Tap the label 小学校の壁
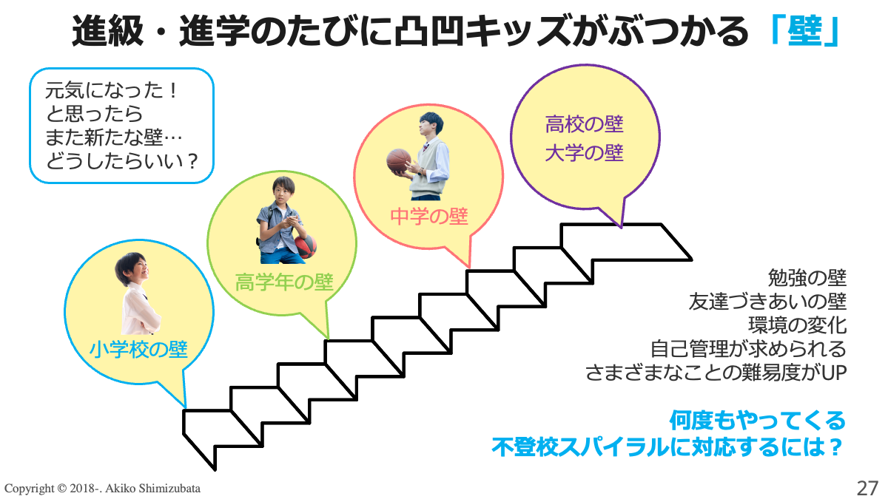pyautogui.click(x=139, y=348)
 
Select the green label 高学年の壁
pyautogui.click(x=284, y=282)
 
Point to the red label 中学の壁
pyautogui.click(x=429, y=216)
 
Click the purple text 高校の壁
pyautogui.click(x=585, y=123)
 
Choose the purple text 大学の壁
pyautogui.click(x=585, y=153)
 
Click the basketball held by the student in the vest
pyautogui.click(x=398, y=160)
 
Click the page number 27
pyautogui.click(x=867, y=488)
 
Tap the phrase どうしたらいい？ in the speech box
pyautogui.click(x=123, y=160)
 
